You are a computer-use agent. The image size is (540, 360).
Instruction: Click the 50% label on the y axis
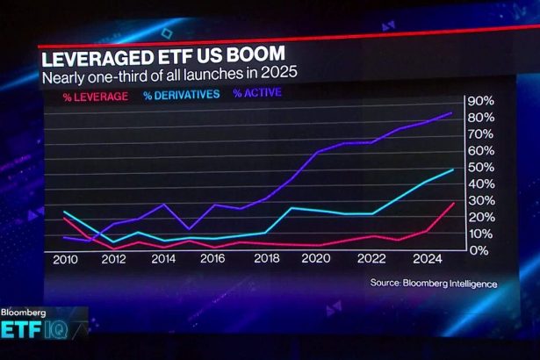pos(480,167)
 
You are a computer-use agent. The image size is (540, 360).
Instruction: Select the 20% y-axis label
pos(480,217)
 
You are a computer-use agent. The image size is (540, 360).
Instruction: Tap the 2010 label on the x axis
pos(65,261)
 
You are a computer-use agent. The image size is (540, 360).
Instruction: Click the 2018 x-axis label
pos(267,261)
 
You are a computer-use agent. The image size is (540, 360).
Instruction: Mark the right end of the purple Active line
pos(452,113)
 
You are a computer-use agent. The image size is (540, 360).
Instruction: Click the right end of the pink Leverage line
pos(453,204)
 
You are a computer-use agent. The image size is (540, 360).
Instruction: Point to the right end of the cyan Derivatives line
pos(453,169)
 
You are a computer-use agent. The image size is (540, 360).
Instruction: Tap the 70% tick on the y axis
pos(480,133)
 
